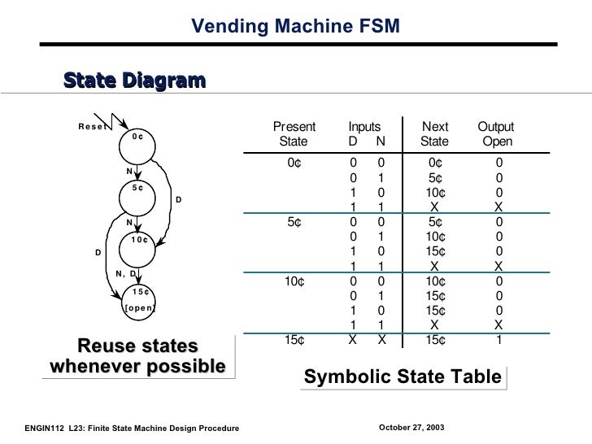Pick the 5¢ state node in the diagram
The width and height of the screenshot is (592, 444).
(x=138, y=188)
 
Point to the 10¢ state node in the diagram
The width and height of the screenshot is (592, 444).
(x=138, y=240)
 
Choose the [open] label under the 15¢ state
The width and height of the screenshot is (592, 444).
(x=139, y=308)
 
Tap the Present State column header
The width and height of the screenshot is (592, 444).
(x=294, y=136)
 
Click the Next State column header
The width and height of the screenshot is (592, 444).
(x=435, y=136)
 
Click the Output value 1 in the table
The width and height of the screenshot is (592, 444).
(x=499, y=341)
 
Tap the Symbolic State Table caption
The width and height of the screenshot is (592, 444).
(x=403, y=378)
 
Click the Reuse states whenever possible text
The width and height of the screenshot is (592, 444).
(x=137, y=356)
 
